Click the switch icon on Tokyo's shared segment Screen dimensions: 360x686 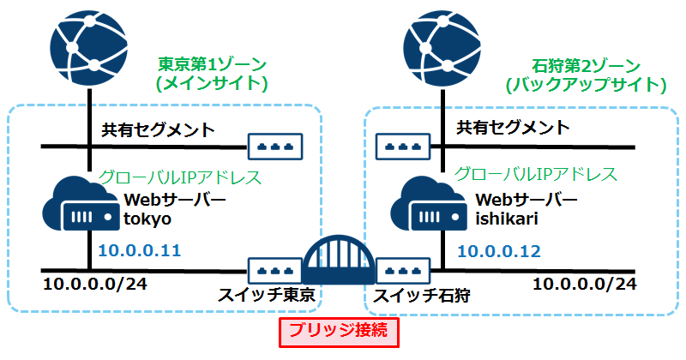coord(276,147)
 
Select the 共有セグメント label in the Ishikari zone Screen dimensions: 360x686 coord(512,129)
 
